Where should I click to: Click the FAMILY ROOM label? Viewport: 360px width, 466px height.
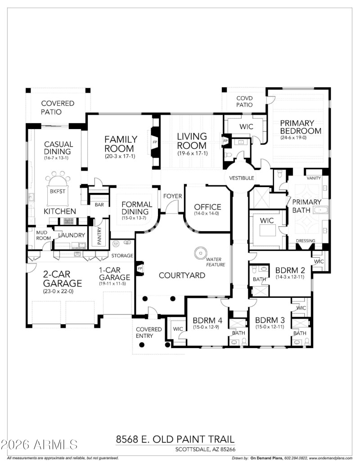point(119,143)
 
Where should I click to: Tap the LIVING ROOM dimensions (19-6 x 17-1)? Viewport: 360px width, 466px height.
point(192,154)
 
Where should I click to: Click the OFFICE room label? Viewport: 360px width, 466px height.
point(207,207)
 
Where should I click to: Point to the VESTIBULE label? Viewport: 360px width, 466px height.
point(242,178)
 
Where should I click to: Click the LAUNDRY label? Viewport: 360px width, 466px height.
point(71,235)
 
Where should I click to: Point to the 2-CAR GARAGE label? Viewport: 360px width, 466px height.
point(63,279)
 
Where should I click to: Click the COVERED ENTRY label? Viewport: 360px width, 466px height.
point(149,332)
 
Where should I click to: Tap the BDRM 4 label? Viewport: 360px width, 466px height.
point(207,320)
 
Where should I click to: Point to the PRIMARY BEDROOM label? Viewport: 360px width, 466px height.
point(301,127)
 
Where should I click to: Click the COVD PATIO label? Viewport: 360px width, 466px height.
point(244,101)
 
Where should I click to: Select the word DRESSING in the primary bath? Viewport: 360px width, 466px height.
point(306,241)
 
